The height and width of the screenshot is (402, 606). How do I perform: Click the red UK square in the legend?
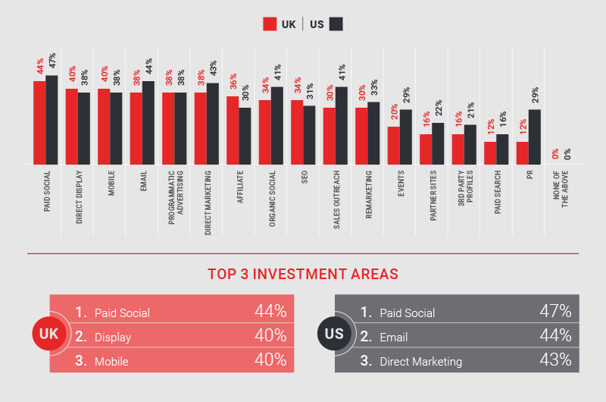tap(270, 24)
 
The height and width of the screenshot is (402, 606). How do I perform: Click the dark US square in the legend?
tap(336, 24)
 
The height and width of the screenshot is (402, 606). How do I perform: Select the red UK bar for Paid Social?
tap(39, 122)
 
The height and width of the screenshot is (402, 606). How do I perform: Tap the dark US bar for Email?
tap(148, 122)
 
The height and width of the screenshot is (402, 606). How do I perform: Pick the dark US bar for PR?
tap(535, 137)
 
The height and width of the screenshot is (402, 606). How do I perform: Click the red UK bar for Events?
tap(393, 145)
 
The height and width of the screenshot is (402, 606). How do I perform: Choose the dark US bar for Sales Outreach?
tap(342, 125)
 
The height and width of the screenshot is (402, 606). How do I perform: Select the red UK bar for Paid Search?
tap(490, 152)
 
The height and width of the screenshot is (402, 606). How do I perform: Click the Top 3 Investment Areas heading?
tap(303, 274)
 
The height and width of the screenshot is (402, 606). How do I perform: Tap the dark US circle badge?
tap(334, 334)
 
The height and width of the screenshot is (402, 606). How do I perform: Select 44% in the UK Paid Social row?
tap(270, 312)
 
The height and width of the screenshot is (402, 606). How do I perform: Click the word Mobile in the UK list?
tap(112, 362)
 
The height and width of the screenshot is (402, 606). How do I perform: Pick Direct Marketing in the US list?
tap(420, 362)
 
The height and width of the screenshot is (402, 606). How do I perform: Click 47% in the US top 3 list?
tap(555, 312)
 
